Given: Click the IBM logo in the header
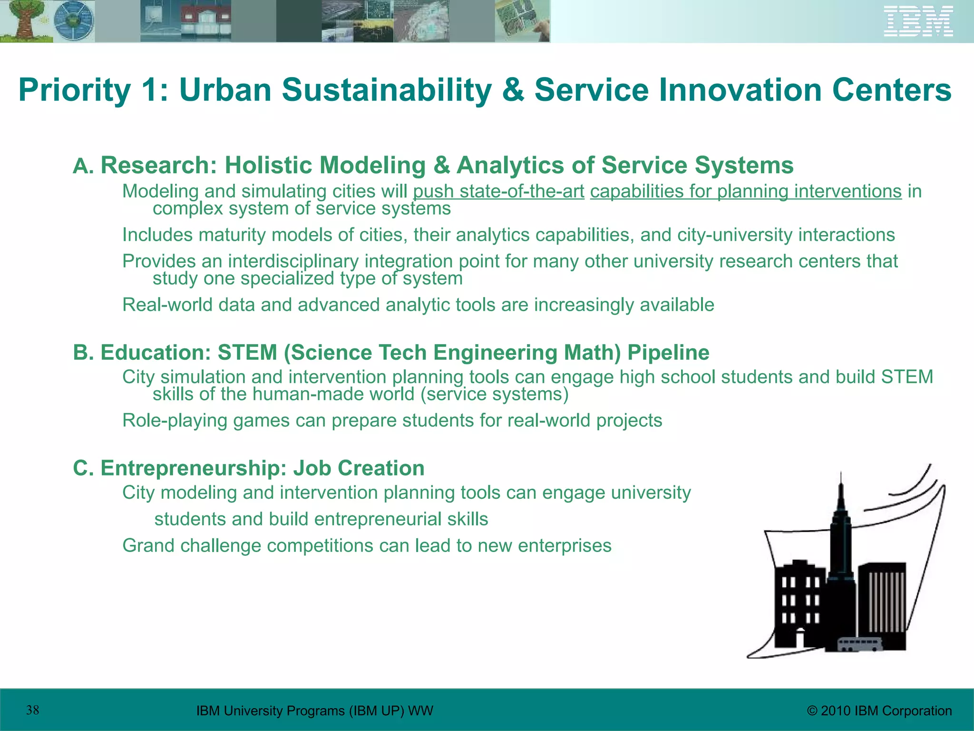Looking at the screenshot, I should click(918, 21).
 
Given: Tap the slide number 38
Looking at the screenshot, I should click(32, 711).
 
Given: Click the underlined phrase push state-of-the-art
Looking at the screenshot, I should click(498, 192).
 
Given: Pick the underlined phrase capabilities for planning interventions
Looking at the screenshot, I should click(745, 192).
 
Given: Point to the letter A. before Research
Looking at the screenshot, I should click(84, 167).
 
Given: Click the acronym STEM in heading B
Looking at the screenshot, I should click(247, 353).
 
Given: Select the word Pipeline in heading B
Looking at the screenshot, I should click(668, 353).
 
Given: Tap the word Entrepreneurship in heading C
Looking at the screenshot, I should click(193, 468).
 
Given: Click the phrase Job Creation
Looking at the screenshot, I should click(359, 468).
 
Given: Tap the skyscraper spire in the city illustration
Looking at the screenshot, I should click(841, 495).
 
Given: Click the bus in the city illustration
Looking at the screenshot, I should click(860, 645).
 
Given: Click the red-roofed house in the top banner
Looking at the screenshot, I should click(205, 21).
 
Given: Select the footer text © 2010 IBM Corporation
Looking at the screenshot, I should click(879, 711).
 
